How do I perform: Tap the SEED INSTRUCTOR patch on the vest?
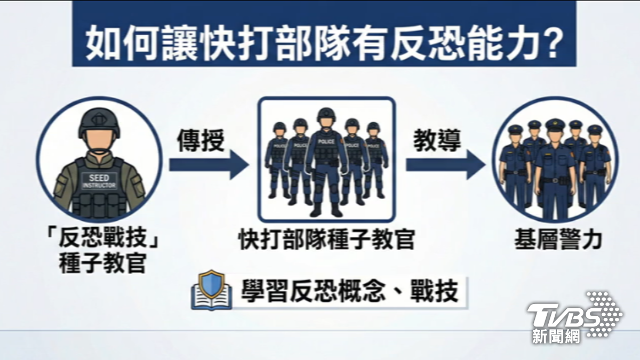(x=99, y=180)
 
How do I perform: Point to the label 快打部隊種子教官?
(x=326, y=240)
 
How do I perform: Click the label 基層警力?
(x=558, y=240)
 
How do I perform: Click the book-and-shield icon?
(x=212, y=291)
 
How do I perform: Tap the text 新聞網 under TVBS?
(x=555, y=336)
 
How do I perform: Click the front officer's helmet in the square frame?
(x=326, y=115)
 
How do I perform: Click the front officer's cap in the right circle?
(x=555, y=126)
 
